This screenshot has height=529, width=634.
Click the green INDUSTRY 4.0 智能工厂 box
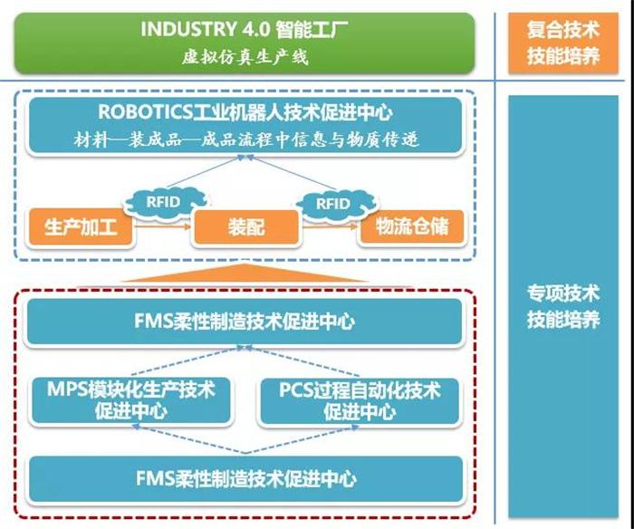pyautogui.click(x=245, y=43)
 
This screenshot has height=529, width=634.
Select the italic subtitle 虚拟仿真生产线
pyautogui.click(x=245, y=57)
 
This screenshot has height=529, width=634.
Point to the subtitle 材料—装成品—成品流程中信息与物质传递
pyautogui.click(x=245, y=140)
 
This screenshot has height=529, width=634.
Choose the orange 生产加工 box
pyautogui.click(x=81, y=226)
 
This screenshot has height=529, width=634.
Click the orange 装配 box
pyautogui.click(x=244, y=226)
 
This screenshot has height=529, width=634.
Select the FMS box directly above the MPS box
pyautogui.click(x=245, y=322)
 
